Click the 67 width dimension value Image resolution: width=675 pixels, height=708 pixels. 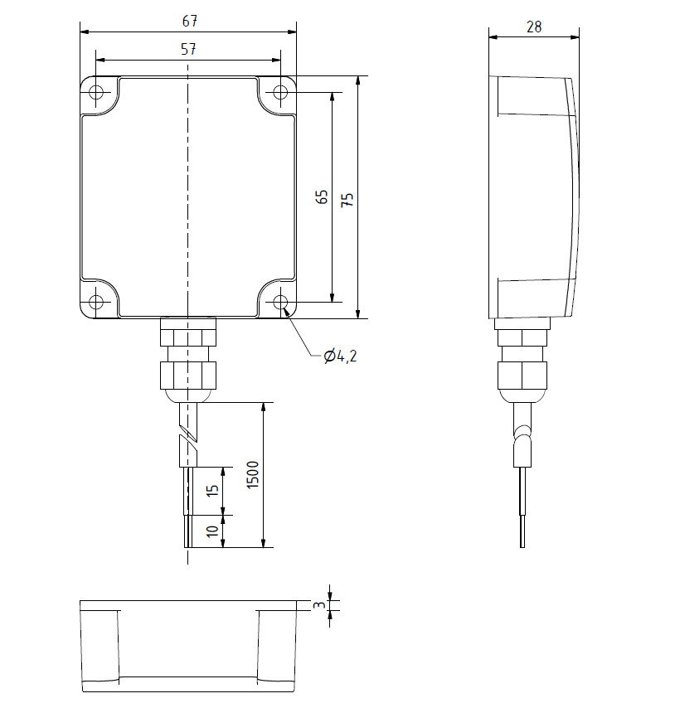pos(188,20)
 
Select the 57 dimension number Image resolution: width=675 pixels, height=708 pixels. pos(188,49)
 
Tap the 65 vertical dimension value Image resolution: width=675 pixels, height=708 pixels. pos(322,196)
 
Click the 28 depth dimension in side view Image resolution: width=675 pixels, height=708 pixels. pos(534,27)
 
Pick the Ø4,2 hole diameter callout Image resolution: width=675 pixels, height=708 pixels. pos(340,356)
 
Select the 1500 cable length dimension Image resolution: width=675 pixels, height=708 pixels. pos(253,475)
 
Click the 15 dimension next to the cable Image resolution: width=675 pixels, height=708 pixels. pos(212,490)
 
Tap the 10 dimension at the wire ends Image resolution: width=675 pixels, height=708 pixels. pos(212,531)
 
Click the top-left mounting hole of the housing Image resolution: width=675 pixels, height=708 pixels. pos(97,92)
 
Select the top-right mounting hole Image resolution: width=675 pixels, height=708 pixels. pos(280,92)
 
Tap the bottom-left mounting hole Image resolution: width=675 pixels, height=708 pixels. pos(97,301)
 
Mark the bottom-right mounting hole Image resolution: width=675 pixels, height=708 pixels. pos(280,301)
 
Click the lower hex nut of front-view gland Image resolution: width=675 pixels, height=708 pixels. pos(188,375)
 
